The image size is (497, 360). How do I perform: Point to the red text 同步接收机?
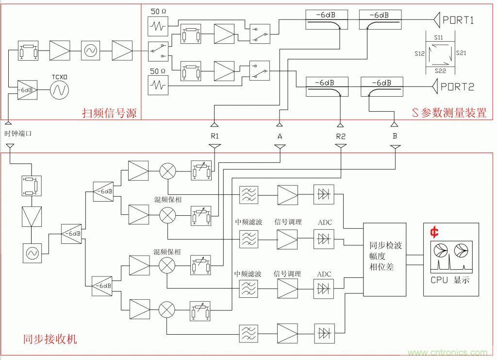(50, 339)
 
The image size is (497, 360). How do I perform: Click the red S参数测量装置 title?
(449, 114)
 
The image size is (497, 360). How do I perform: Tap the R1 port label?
(215, 137)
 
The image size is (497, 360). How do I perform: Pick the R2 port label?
(341, 137)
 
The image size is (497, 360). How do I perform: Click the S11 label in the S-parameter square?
(438, 37)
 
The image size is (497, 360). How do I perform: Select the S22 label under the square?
(439, 71)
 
